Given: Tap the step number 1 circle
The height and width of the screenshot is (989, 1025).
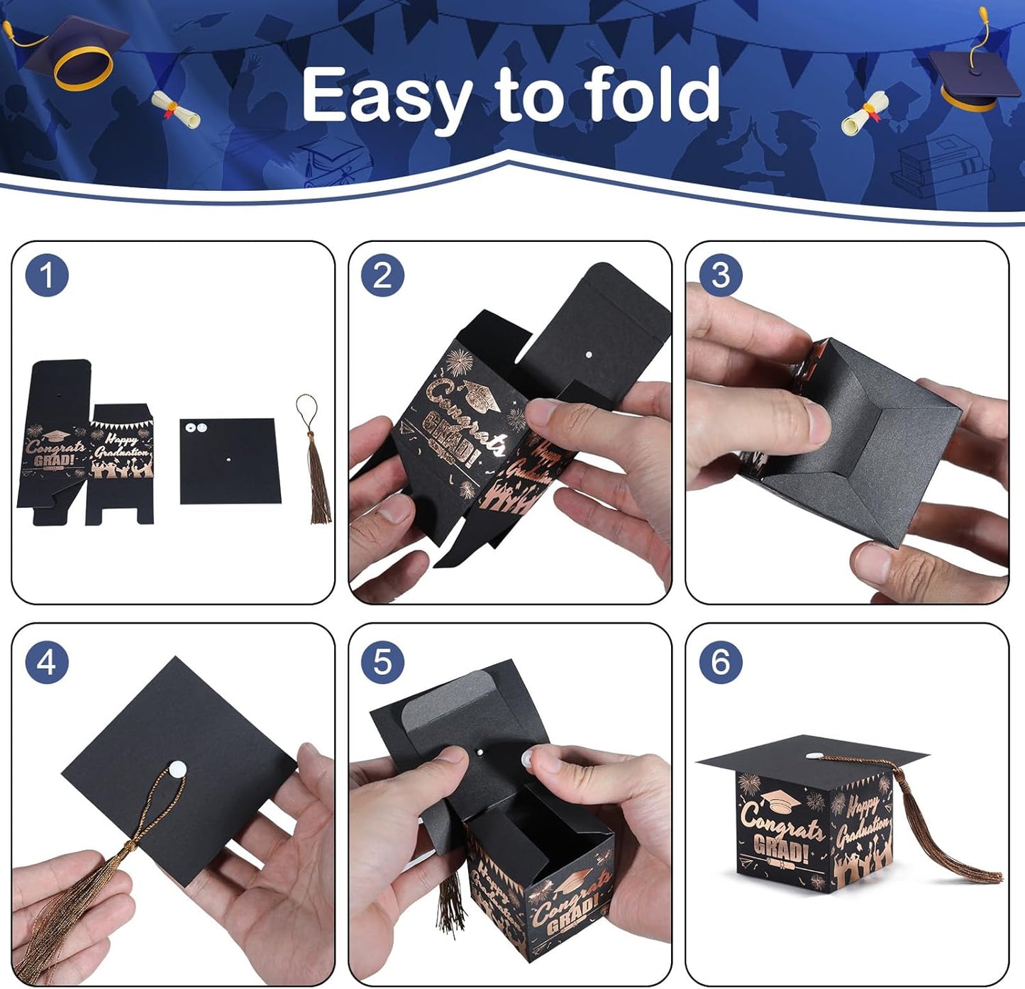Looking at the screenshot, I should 47,275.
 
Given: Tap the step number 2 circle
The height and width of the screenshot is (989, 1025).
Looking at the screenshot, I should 382,275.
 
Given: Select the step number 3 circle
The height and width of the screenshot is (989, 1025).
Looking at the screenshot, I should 720,275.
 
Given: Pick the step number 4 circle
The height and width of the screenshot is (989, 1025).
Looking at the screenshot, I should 47,662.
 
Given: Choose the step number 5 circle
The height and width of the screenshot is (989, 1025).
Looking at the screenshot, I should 382,662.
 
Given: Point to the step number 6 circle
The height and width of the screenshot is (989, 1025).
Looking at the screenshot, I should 720,662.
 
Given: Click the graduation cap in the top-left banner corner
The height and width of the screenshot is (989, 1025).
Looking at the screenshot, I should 71,50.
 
